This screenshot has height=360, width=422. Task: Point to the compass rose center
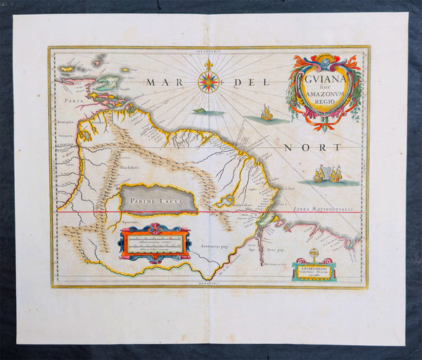(x=209, y=83)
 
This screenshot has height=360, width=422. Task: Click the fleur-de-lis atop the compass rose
(x=209, y=65)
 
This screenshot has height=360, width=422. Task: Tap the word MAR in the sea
(x=161, y=83)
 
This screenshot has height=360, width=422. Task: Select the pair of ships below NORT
(x=327, y=174)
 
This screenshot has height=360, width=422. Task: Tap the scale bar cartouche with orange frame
(x=154, y=242)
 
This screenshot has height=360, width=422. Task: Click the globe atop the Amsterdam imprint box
(x=314, y=252)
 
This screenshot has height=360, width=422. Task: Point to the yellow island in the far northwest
(x=67, y=70)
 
